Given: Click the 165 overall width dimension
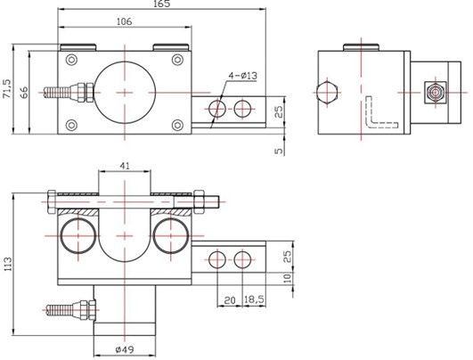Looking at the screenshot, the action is (x=162, y=4).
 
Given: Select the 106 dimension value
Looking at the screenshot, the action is (x=125, y=21).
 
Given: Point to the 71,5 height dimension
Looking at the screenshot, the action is (x=6, y=89).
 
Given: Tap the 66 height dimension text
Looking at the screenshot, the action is (x=24, y=93).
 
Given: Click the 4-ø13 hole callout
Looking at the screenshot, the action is (x=242, y=76).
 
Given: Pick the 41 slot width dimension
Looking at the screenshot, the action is (x=125, y=166).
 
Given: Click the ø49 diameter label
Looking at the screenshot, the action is (x=125, y=349).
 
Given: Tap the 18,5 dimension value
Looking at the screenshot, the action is (x=254, y=299).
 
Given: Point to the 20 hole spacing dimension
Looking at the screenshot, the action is (x=230, y=300).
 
